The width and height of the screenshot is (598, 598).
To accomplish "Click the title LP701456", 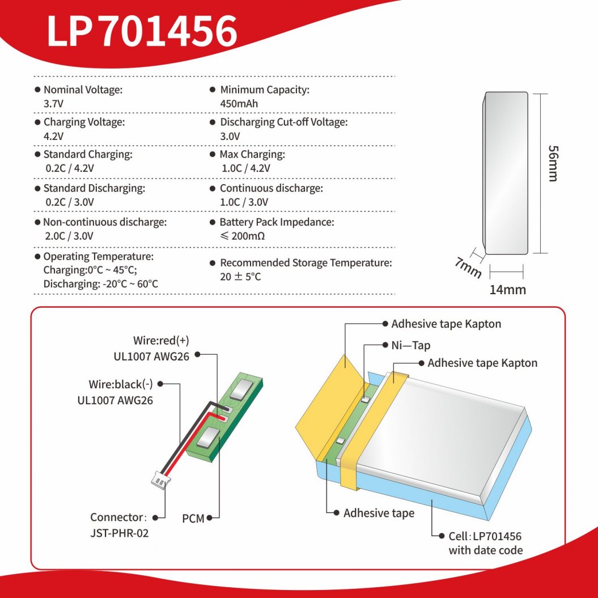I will click(142, 31).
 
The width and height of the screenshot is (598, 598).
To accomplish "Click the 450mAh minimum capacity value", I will click(239, 104).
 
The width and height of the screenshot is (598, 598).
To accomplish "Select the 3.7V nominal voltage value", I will click(53, 104).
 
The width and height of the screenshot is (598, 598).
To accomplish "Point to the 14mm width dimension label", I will click(507, 290).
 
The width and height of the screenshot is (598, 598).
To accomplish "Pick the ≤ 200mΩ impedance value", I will click(242, 236).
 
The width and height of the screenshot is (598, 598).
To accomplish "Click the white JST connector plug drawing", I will click(159, 480).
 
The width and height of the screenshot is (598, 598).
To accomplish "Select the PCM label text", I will click(193, 518).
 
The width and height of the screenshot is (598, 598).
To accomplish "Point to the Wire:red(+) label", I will click(161, 341).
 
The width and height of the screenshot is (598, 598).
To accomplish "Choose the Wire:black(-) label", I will click(121, 384).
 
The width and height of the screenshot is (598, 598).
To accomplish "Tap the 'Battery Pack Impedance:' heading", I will click(277, 222).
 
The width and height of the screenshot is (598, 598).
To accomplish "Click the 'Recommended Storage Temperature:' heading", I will click(306, 263).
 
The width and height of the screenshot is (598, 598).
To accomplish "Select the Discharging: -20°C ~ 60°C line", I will click(100, 283).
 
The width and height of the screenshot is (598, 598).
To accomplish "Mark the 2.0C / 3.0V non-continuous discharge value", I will click(70, 236).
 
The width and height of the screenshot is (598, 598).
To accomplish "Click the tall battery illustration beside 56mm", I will click(506, 173).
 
